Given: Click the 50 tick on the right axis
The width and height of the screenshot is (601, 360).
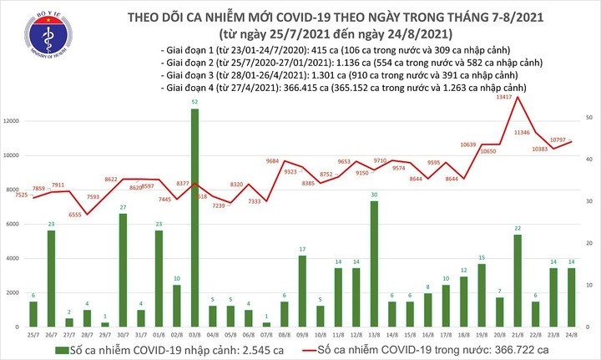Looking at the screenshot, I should [x=589, y=119].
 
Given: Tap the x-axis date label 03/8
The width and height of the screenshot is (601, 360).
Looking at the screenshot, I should [x=194, y=332].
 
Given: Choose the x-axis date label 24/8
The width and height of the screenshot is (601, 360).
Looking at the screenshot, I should [x=571, y=332].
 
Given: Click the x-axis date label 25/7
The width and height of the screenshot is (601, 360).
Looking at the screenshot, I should [x=33, y=332].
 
